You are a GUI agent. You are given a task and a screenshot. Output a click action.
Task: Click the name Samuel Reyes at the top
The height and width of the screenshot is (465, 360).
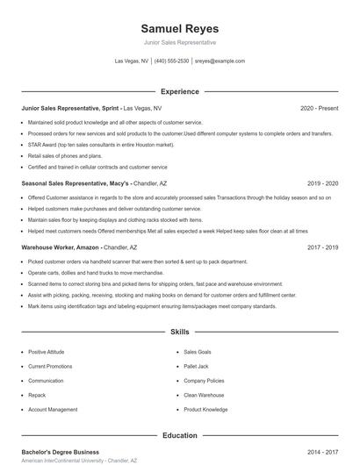[x=179, y=28]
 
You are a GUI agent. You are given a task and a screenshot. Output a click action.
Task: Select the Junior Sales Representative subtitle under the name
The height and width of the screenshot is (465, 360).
[x=179, y=42]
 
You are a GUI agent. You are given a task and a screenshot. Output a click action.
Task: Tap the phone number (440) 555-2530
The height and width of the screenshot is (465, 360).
[x=171, y=61]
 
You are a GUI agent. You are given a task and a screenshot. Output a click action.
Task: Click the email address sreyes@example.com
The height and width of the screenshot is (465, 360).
[x=220, y=61]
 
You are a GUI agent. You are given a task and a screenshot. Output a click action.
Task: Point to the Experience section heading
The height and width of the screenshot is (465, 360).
[x=179, y=91]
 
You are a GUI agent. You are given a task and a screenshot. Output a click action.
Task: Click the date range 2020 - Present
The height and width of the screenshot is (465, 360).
[x=319, y=108]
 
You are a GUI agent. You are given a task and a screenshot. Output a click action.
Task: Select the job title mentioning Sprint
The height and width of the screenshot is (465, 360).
[x=70, y=108]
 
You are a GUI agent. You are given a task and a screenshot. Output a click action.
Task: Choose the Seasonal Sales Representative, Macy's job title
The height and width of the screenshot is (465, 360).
[x=76, y=184]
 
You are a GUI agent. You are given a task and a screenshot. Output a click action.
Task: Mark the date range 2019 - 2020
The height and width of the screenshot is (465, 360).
[x=322, y=184]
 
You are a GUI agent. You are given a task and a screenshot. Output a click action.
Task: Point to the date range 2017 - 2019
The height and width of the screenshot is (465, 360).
[x=322, y=248]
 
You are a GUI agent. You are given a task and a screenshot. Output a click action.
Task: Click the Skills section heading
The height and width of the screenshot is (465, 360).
[x=179, y=333]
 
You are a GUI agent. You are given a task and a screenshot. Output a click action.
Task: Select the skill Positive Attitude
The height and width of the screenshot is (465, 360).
[x=47, y=352]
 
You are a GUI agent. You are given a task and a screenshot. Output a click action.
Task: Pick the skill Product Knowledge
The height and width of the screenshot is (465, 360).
[x=205, y=410]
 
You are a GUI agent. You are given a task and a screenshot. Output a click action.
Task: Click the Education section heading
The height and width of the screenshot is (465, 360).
[x=179, y=435]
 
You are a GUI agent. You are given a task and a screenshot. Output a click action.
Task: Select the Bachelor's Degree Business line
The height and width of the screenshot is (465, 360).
[x=61, y=452]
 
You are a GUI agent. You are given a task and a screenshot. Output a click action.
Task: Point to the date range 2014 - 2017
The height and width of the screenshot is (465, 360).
[x=322, y=452]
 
